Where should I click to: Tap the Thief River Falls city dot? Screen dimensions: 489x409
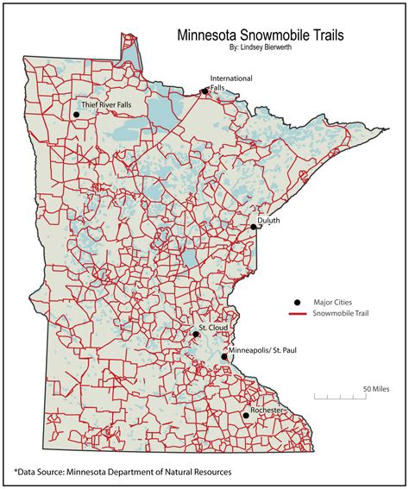[x=76, y=114]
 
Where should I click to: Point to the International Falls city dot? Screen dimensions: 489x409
[x=205, y=91]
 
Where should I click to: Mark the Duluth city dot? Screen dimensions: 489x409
[x=253, y=227]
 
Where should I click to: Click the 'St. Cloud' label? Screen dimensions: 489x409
[x=213, y=329]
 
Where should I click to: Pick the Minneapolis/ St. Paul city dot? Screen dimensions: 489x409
[x=223, y=356]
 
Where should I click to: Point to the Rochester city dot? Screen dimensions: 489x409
[x=246, y=416]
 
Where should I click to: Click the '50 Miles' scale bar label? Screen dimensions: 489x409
[x=376, y=388]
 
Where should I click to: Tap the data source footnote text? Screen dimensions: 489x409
[x=122, y=472]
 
